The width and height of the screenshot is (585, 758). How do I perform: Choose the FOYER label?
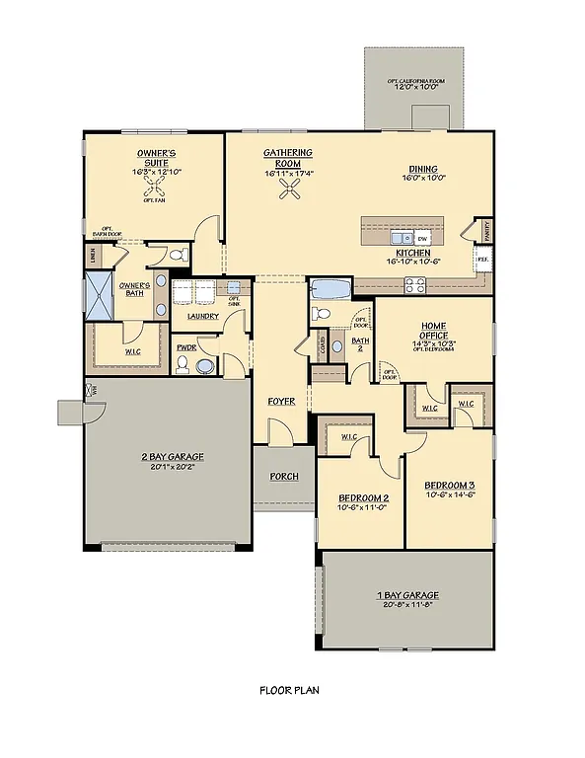tap(282, 402)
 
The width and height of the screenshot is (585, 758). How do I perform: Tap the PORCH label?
tap(284, 476)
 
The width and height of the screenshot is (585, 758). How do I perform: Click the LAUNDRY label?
tap(202, 316)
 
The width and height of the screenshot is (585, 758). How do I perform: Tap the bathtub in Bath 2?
tap(329, 289)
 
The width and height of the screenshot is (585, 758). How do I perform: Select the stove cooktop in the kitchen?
tap(414, 286)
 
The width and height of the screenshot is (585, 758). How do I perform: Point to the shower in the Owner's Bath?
tap(100, 295)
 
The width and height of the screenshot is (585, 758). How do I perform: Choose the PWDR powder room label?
tap(184, 347)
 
